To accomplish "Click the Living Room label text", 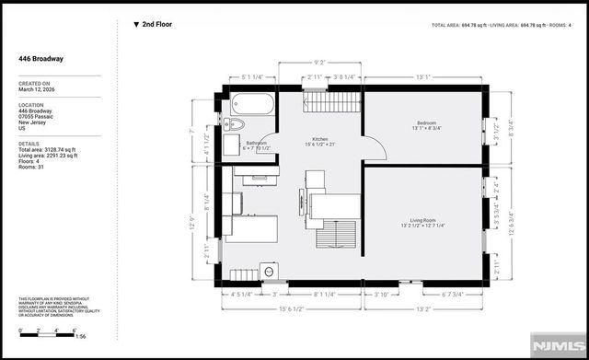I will click(x=422, y=222).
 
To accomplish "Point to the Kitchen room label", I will click(x=319, y=141).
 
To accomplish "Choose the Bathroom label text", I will click(x=256, y=145).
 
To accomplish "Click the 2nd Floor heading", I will click(x=157, y=25).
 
